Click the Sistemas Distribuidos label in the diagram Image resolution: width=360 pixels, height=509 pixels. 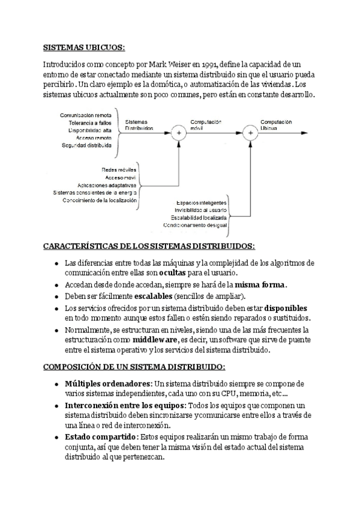click(x=139, y=125)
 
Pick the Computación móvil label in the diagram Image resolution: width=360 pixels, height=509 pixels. click(x=206, y=125)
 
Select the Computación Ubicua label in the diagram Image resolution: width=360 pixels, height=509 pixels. click(x=276, y=125)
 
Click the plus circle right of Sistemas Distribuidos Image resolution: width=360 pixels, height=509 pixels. click(x=178, y=133)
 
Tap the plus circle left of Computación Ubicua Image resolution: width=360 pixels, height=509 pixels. click(x=250, y=133)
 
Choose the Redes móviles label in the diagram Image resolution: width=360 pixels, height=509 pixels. click(x=119, y=170)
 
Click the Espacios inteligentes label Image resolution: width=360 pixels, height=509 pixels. click(x=202, y=202)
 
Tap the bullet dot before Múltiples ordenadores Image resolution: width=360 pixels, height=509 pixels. click(x=56, y=384)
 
